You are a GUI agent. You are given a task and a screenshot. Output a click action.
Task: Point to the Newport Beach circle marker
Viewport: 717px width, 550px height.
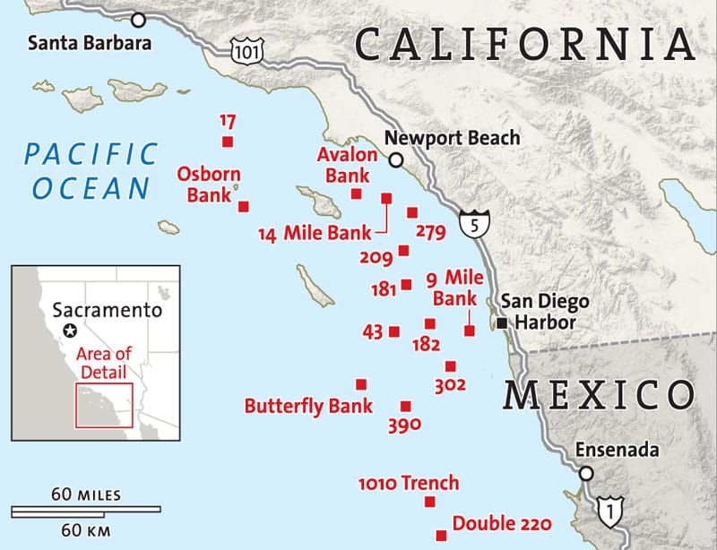click(395, 159)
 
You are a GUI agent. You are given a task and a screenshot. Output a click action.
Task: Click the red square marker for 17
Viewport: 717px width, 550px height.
click(227, 142)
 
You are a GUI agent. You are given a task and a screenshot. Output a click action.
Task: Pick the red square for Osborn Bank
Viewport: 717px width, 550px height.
click(243, 206)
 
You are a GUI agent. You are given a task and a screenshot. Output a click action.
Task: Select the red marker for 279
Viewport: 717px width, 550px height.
click(412, 212)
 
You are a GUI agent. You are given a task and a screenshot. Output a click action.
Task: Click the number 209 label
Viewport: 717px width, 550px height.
click(376, 259)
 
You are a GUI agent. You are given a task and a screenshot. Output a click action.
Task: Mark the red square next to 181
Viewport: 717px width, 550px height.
click(407, 285)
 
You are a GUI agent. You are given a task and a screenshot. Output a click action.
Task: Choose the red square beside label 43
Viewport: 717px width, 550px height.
click(394, 332)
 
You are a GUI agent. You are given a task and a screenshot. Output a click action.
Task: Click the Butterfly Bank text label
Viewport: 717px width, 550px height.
click(308, 406)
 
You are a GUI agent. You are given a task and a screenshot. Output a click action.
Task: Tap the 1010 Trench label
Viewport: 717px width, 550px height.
click(408, 483)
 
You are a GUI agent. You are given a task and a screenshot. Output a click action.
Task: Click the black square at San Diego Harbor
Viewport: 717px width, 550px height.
click(503, 322)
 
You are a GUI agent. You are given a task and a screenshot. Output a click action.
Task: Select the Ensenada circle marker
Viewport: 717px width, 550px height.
click(586, 473)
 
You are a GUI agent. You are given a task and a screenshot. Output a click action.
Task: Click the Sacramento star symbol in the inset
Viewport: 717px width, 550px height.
click(70, 331)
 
